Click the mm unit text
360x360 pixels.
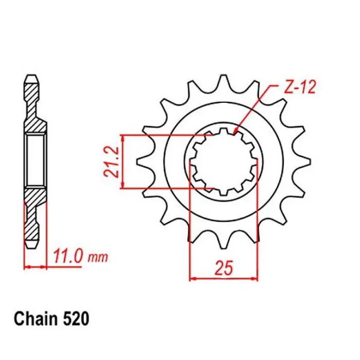tap(98, 257)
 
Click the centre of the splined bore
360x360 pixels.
tap(224, 161)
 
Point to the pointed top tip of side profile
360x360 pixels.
tap(32, 77)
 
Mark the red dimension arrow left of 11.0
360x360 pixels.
tap(28, 266)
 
